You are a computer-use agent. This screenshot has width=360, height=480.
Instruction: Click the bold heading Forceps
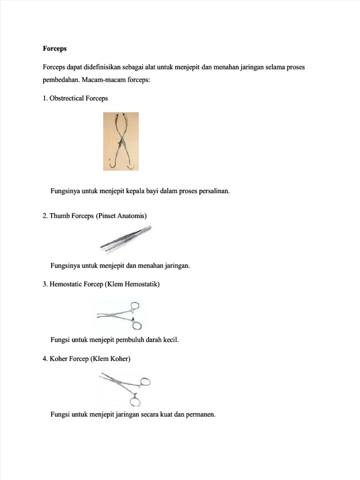click(x=54, y=48)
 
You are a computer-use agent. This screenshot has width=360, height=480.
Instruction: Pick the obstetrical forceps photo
click(x=121, y=141)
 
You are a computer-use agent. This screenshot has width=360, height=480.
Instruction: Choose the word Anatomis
click(x=130, y=216)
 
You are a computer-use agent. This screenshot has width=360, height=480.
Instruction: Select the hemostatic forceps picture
click(x=120, y=315)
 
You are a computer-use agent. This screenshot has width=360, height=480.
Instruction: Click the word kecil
click(x=171, y=339)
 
